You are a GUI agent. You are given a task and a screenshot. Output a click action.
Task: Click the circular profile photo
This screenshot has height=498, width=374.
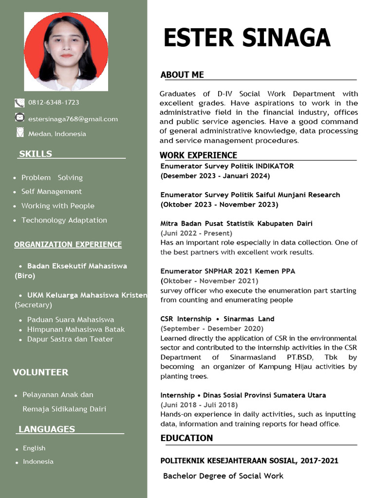(x=66, y=52)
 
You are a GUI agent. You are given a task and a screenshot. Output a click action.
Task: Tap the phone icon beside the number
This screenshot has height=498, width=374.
(x=19, y=103)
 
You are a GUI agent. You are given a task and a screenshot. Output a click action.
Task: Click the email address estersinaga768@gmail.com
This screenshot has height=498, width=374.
(x=73, y=119)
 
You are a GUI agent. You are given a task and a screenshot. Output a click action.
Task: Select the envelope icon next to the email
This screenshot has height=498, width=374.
(x=19, y=118)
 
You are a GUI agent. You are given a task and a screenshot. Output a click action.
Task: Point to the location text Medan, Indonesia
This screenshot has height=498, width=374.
(x=57, y=134)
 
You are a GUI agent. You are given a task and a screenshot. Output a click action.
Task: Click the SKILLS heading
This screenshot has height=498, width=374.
(x=36, y=154)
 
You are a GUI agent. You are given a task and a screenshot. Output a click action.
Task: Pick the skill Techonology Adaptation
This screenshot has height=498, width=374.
(x=64, y=220)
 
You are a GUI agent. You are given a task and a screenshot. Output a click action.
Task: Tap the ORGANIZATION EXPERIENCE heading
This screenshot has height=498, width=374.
(x=68, y=245)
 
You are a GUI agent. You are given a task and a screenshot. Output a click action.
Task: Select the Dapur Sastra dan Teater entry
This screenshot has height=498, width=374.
(x=70, y=339)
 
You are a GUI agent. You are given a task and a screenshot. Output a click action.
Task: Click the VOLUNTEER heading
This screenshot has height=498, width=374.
(x=40, y=373)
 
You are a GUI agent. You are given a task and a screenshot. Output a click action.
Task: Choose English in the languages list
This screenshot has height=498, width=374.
(x=34, y=448)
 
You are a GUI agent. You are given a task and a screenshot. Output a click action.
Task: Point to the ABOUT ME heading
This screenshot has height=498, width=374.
(x=182, y=75)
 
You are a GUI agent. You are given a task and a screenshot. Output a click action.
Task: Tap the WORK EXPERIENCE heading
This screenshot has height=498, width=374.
(x=199, y=156)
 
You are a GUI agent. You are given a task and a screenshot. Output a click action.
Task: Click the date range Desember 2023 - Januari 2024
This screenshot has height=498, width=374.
(x=215, y=176)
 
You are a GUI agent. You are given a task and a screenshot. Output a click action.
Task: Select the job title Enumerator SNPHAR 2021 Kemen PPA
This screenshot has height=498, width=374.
(x=228, y=271)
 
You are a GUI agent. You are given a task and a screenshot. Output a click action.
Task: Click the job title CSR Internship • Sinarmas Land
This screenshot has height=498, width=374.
(x=217, y=319)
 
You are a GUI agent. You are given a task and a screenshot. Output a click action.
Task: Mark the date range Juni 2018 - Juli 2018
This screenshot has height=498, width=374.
(x=199, y=405)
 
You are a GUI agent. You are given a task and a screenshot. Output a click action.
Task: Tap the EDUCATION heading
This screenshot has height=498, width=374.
(x=187, y=438)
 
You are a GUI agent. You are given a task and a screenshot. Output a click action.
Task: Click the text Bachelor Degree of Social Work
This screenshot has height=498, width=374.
(x=223, y=476)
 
